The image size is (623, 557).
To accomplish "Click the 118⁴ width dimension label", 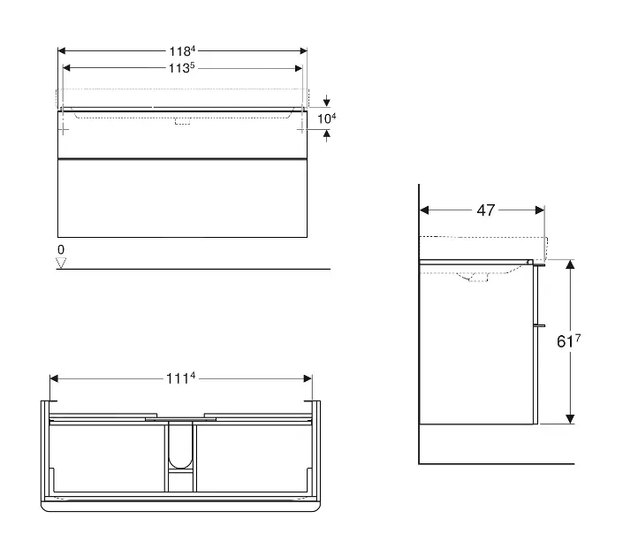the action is pyautogui.click(x=182, y=51).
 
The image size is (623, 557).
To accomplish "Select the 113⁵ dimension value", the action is pyautogui.click(x=181, y=68).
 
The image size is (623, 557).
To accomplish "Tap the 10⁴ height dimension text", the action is pyautogui.click(x=327, y=118).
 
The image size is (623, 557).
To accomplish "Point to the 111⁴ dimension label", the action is pyautogui.click(x=181, y=378).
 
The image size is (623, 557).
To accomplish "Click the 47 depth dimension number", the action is pyautogui.click(x=485, y=210).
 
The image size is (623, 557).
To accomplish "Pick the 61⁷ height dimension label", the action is pyautogui.click(x=568, y=340).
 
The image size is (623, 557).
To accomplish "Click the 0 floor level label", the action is pyautogui.click(x=61, y=249).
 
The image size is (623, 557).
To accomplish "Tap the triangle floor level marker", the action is pyautogui.click(x=61, y=263).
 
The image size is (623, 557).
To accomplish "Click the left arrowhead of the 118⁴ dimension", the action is pyautogui.click(x=62, y=51).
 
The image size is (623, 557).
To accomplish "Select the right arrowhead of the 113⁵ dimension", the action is pyautogui.click(x=299, y=68).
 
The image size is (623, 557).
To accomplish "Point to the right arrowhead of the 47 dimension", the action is pyautogui.click(x=540, y=210).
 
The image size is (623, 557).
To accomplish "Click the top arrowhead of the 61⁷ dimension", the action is pyautogui.click(x=570, y=264).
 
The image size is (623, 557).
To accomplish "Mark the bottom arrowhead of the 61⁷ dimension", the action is pyautogui.click(x=570, y=419).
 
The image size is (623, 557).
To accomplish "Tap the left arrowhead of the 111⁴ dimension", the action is pyautogui.click(x=54, y=378).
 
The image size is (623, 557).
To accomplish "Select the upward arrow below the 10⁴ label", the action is pyautogui.click(x=327, y=136).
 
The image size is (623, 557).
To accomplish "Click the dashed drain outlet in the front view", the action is pyautogui.click(x=182, y=121).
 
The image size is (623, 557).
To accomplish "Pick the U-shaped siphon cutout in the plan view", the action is pyautogui.click(x=180, y=444).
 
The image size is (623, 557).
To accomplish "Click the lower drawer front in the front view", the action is pyautogui.click(x=182, y=198).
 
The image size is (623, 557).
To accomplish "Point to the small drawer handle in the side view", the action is pyautogui.click(x=540, y=325).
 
